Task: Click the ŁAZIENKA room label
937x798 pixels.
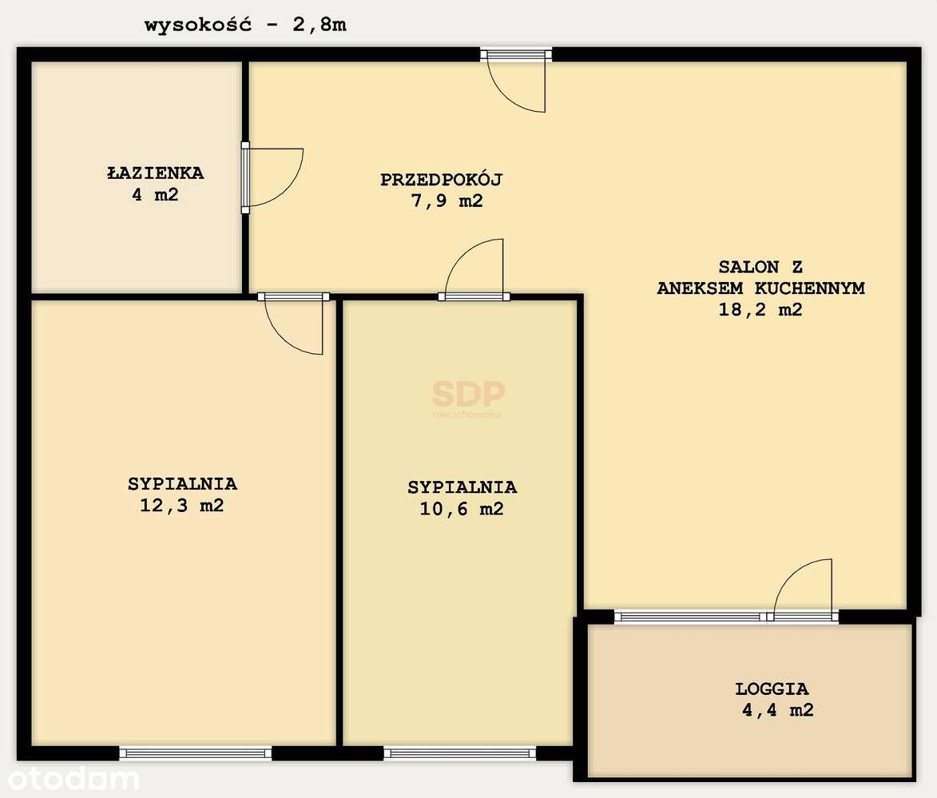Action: pos(156,173)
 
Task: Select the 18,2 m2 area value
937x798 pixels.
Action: pos(760,310)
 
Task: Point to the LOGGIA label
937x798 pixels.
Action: pos(772,689)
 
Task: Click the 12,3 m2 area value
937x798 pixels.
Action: pos(182,505)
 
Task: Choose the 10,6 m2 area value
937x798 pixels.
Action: pos(462,508)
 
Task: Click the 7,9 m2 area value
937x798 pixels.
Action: pos(447,201)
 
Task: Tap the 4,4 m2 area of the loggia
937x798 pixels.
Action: pos(776,709)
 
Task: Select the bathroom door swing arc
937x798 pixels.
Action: pos(276,177)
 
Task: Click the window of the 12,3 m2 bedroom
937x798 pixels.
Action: pos(196,752)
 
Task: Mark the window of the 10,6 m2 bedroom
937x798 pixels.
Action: pos(459,752)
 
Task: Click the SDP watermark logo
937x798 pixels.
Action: pos(468,395)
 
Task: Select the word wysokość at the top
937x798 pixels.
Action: pos(198,25)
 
